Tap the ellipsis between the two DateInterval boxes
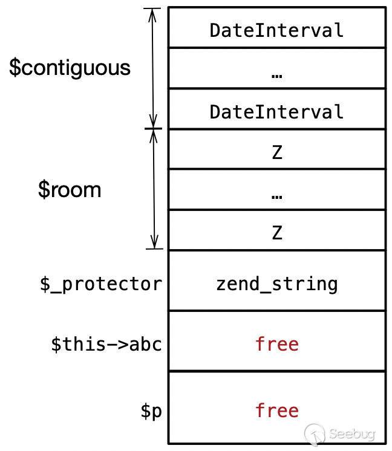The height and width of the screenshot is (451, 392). coord(277,76)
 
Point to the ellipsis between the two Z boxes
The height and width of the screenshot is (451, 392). coord(277,197)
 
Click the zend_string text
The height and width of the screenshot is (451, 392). coord(277,284)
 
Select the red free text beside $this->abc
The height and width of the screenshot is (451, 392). coord(277,344)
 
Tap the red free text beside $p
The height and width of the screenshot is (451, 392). coord(277,410)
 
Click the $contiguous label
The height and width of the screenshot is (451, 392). coord(70,68)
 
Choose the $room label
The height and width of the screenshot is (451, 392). coord(70,190)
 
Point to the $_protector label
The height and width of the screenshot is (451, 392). coord(101,284)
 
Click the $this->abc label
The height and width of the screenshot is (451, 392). coord(106,344)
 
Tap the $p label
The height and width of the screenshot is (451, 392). coord(151,410)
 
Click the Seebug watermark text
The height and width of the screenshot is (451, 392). coord(351,433)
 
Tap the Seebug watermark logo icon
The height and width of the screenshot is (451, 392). coord(315,433)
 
